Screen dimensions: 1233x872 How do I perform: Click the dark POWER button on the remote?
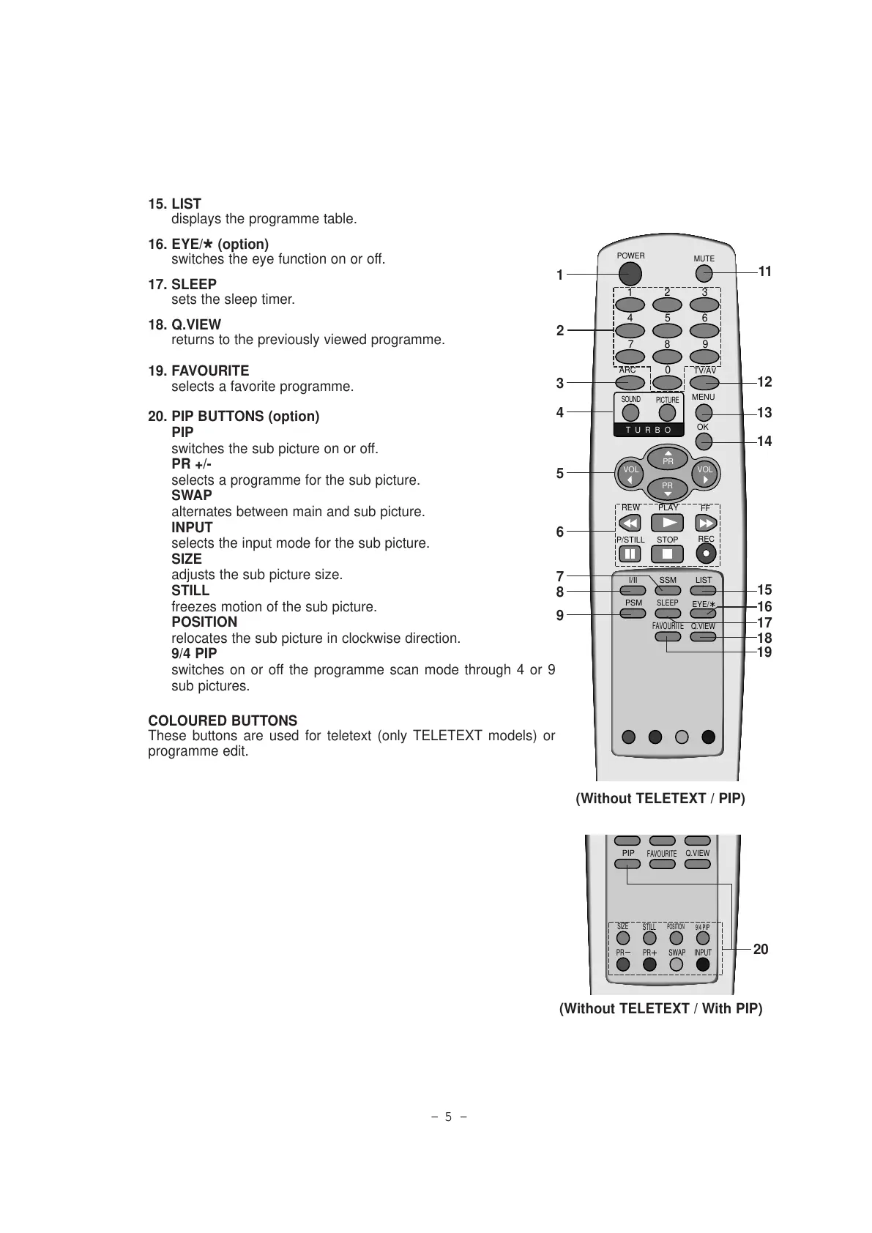point(629,273)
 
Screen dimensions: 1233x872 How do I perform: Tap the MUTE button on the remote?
point(704,274)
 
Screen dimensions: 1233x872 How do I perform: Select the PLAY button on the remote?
point(667,523)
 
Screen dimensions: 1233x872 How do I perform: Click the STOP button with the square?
point(667,554)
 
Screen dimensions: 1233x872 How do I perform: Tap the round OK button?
point(704,441)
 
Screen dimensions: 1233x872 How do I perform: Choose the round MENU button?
point(704,412)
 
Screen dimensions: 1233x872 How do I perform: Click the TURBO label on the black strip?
point(649,430)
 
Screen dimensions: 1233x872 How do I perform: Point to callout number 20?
point(761,949)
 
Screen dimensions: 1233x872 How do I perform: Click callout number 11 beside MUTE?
point(765,272)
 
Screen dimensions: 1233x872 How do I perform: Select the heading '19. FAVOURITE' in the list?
point(198,371)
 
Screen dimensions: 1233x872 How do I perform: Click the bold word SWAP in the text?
point(192,495)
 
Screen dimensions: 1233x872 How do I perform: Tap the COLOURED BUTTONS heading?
point(223,720)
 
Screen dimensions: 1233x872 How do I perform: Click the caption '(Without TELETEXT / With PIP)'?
point(660,1008)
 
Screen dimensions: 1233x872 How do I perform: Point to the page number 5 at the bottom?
point(449,1117)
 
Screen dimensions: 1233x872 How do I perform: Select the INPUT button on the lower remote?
point(703,964)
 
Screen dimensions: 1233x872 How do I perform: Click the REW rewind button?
point(630,523)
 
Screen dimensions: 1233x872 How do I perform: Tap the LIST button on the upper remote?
point(704,589)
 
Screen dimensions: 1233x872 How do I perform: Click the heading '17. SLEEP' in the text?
point(182,284)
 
